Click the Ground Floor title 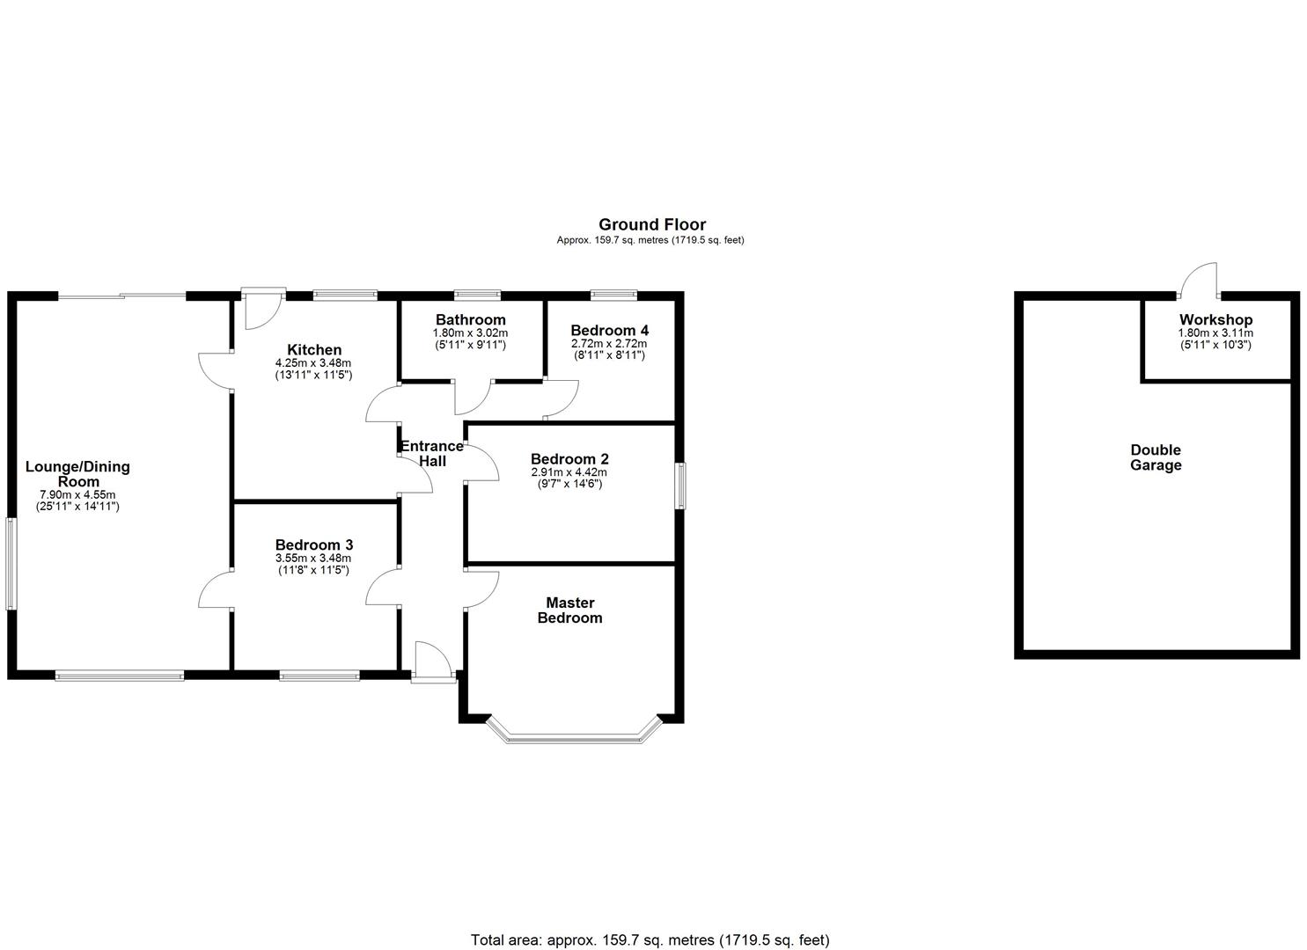tap(651, 224)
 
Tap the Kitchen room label tap(313, 350)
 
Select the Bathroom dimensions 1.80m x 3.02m tap(470, 333)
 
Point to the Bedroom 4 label tap(609, 330)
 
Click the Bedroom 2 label tap(569, 458)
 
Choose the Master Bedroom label tap(569, 610)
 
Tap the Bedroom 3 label tap(313, 544)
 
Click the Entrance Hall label tap(432, 453)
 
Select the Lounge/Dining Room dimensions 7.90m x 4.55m tap(77, 494)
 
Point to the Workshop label tap(1215, 319)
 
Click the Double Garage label tap(1156, 457)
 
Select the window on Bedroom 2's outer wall tap(681, 485)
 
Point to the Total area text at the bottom tap(650, 940)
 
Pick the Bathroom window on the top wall tap(477, 295)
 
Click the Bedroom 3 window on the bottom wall tap(319, 676)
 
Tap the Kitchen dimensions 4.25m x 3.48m tap(313, 363)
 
